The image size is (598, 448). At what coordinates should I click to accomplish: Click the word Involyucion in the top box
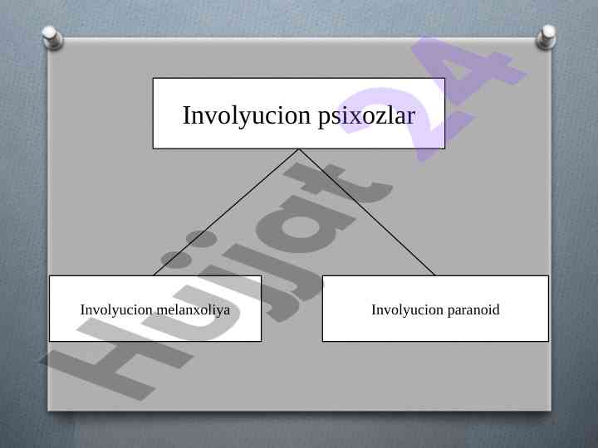247,116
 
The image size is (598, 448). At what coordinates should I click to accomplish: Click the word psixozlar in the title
366,116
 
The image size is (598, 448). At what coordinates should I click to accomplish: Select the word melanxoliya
193,309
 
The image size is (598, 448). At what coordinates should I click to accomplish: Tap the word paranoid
473,310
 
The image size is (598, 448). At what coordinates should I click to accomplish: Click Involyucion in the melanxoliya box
117,309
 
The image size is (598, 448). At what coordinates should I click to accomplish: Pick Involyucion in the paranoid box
408,309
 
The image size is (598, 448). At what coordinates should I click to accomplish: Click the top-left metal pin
51,37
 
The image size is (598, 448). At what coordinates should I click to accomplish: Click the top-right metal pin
547,37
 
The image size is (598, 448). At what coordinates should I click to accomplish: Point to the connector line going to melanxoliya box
226,212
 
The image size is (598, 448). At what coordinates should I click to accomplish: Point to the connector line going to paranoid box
367,212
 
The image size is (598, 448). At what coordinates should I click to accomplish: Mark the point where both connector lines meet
299,149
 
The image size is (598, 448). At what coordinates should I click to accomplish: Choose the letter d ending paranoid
495,309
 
